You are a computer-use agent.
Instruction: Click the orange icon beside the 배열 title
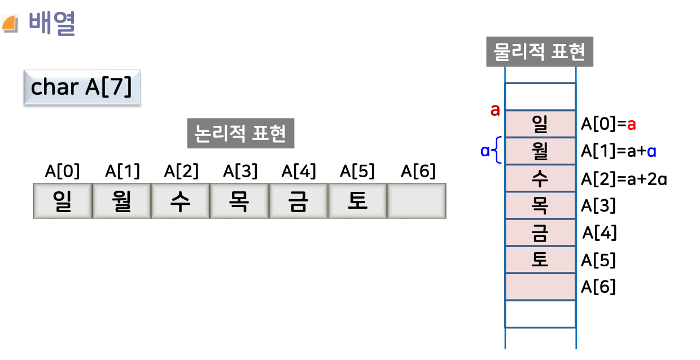[x=10, y=24]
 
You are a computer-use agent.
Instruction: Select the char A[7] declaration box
[x=81, y=87]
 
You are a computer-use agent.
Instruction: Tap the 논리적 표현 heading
[x=240, y=134]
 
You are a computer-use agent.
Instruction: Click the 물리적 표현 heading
[x=540, y=52]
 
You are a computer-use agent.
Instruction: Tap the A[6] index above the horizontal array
[x=418, y=171]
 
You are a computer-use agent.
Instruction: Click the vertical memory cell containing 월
[x=540, y=151]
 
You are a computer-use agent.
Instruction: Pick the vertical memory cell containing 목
[x=540, y=205]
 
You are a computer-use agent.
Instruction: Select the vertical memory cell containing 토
[x=540, y=260]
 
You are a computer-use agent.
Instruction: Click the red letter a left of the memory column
[x=495, y=110]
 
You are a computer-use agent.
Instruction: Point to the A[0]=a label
[x=609, y=124]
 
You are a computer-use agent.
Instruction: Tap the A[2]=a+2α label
[x=624, y=179]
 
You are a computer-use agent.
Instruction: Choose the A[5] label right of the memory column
[x=598, y=260]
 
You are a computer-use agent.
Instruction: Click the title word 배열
[x=52, y=24]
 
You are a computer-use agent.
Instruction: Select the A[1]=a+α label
[x=619, y=151]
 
